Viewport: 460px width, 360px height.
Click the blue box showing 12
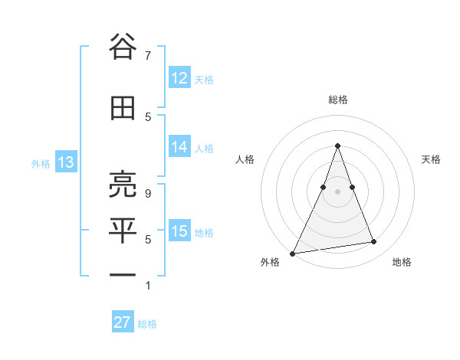tap(179, 78)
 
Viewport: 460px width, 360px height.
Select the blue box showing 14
tap(179, 148)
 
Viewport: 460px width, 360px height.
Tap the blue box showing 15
tap(179, 231)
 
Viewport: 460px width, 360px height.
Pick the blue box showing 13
tap(66, 162)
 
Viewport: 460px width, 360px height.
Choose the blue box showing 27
tap(123, 322)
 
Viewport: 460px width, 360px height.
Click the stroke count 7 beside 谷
tap(147, 55)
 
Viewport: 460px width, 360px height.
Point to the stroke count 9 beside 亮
tap(147, 194)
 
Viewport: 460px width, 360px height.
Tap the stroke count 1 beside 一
tap(147, 286)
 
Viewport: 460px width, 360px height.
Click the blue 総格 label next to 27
tap(147, 324)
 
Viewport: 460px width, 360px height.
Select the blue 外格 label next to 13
tap(40, 163)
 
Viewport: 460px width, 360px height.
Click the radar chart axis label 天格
tap(432, 159)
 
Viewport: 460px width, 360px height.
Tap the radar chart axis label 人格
tap(245, 159)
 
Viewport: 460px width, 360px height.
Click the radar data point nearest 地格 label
tap(374, 242)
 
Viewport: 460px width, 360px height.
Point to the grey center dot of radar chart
tap(337, 191)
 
